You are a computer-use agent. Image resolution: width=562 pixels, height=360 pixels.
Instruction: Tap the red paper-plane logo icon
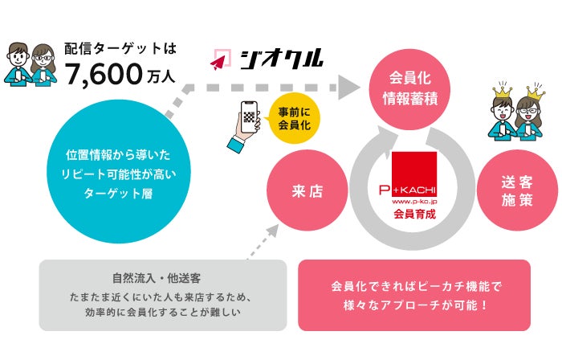tap(221, 58)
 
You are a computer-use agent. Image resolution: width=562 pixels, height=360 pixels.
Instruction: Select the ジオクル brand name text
tap(281, 58)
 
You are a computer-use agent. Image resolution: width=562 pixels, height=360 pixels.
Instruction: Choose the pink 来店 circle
tap(306, 192)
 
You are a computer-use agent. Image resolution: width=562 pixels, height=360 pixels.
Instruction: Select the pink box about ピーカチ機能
tap(414, 294)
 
